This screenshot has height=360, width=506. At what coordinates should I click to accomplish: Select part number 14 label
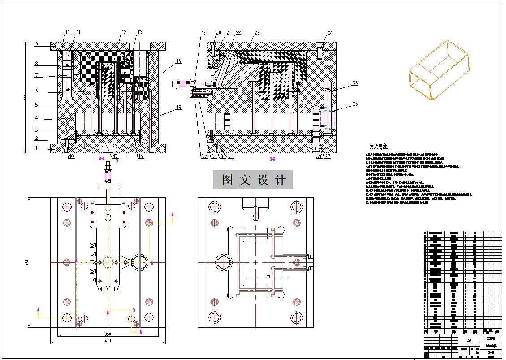pos(179,61)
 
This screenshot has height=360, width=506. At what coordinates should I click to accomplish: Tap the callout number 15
pos(178,108)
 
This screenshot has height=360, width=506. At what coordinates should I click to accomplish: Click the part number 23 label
pos(257,33)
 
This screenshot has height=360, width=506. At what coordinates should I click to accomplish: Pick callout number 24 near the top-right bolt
pos(330,33)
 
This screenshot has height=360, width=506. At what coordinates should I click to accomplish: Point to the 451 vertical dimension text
pos(26,262)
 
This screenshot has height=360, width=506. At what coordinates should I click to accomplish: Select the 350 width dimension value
pos(108,334)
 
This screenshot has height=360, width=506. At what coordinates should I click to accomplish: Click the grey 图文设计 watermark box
pos(254,180)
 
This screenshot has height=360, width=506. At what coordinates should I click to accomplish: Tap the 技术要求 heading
pos(379,147)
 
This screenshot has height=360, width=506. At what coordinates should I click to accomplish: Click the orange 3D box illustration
pos(438,70)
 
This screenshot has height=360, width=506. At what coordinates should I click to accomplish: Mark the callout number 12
pos(124,32)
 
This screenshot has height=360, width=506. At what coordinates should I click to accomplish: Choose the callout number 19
pos(204,33)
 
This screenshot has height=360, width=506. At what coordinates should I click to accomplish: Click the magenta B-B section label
pos(272,159)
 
